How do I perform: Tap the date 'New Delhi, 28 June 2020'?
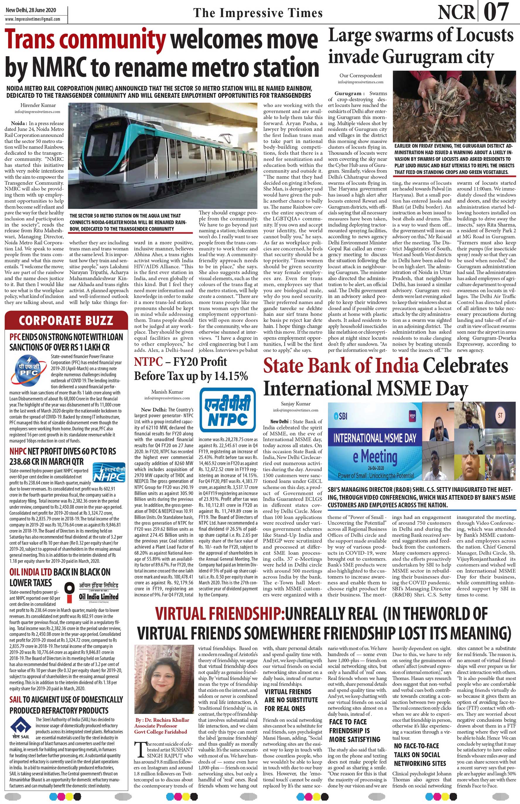[x=31, y=10]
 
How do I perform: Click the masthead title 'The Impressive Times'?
[x=258, y=13]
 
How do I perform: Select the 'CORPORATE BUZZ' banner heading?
[x=66, y=320]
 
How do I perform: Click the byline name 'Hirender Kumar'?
[x=38, y=105]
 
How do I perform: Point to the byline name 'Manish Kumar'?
[x=167, y=392]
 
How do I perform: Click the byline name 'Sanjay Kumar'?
[x=296, y=404]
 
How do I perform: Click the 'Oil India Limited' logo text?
[x=99, y=596]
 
